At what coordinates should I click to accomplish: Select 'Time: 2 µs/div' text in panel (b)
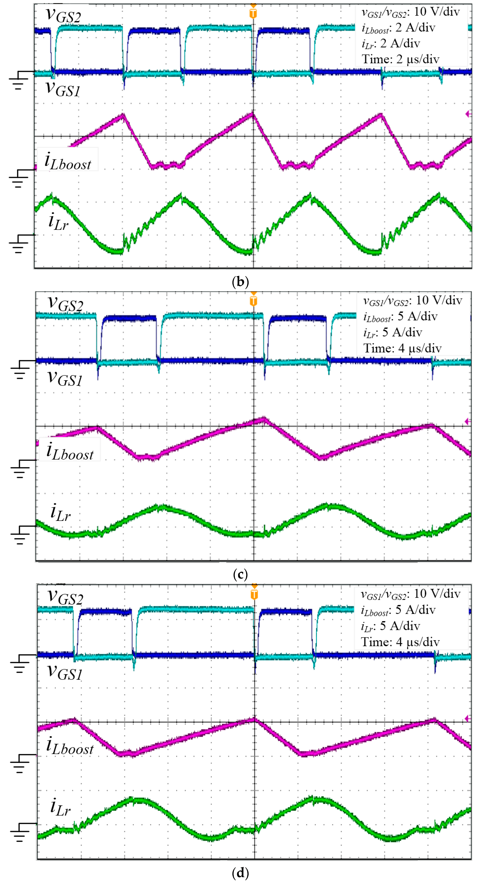[400, 59]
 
